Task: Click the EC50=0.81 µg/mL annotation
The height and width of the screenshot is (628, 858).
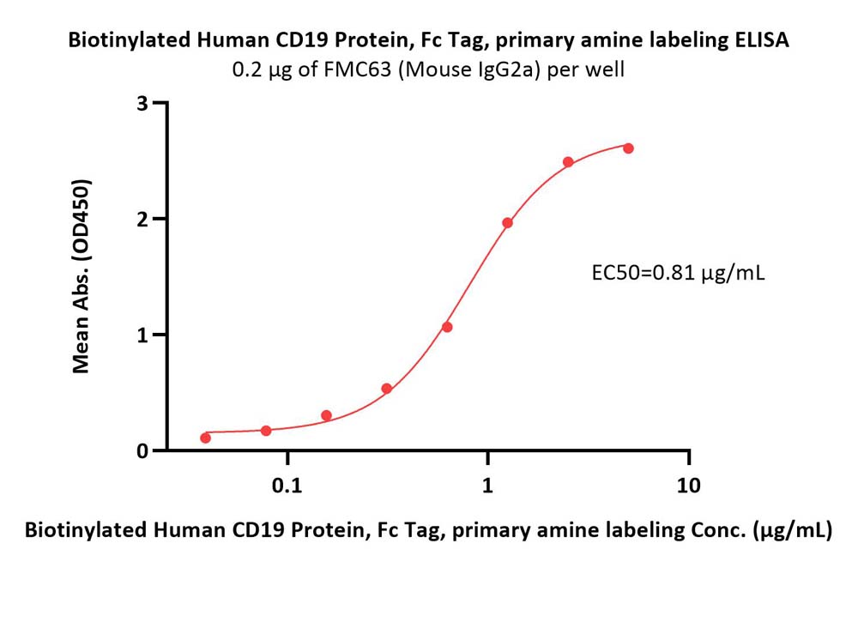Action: (678, 273)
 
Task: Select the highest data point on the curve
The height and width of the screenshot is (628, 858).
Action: (628, 148)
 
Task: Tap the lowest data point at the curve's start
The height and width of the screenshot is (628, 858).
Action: (206, 438)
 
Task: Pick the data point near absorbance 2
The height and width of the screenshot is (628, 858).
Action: (507, 223)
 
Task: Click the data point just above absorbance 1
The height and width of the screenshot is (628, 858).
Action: (447, 327)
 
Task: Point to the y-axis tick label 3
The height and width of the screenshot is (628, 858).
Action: (142, 103)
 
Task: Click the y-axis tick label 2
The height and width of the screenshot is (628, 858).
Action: (142, 219)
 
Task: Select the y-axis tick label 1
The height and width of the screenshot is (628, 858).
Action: (142, 335)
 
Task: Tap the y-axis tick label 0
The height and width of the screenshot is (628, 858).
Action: (142, 450)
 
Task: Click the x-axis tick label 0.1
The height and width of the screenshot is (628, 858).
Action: (287, 486)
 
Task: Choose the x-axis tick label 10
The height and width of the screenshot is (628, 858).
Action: (688, 486)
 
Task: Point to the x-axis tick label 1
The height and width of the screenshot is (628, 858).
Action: (487, 486)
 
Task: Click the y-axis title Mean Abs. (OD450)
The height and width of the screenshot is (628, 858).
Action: (81, 276)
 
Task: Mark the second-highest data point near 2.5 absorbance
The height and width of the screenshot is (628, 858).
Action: (568, 162)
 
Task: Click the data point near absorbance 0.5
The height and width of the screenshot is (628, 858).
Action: (386, 389)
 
